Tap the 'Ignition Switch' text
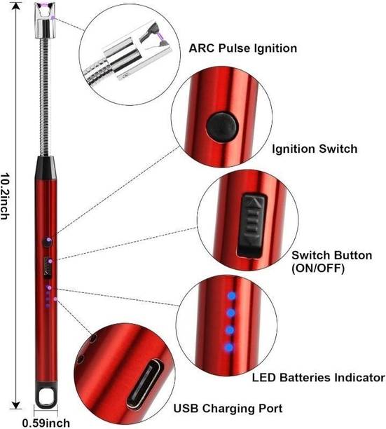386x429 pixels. [315, 149]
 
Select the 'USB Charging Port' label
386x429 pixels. [228, 408]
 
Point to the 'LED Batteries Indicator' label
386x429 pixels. [318, 378]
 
